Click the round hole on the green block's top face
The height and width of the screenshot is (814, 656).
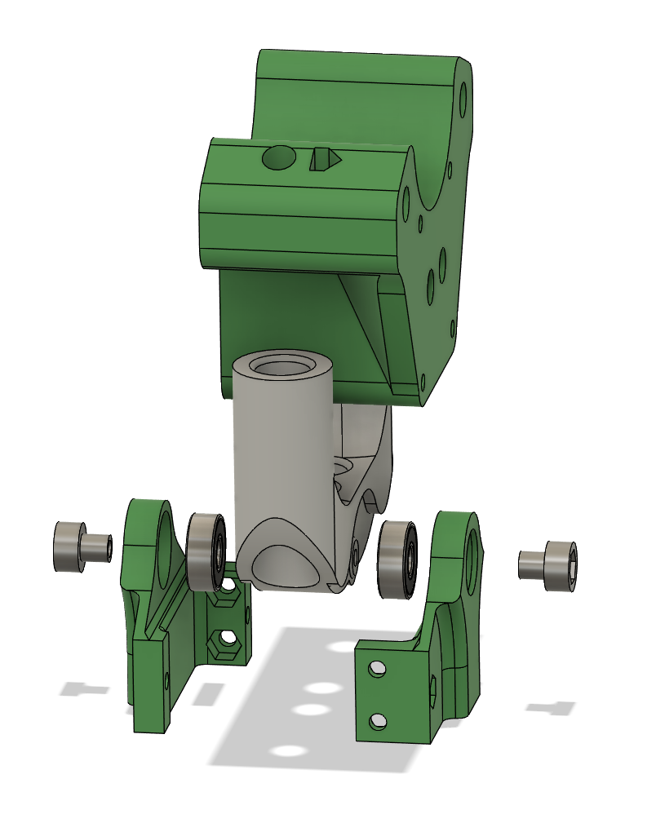pos(278,157)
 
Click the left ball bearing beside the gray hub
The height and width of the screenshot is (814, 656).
pos(206,551)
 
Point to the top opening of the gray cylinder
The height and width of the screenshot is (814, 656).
pos(281,365)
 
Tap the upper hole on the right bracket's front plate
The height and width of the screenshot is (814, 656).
pos(377,669)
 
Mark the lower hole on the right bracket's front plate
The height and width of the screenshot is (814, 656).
pos(377,721)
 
